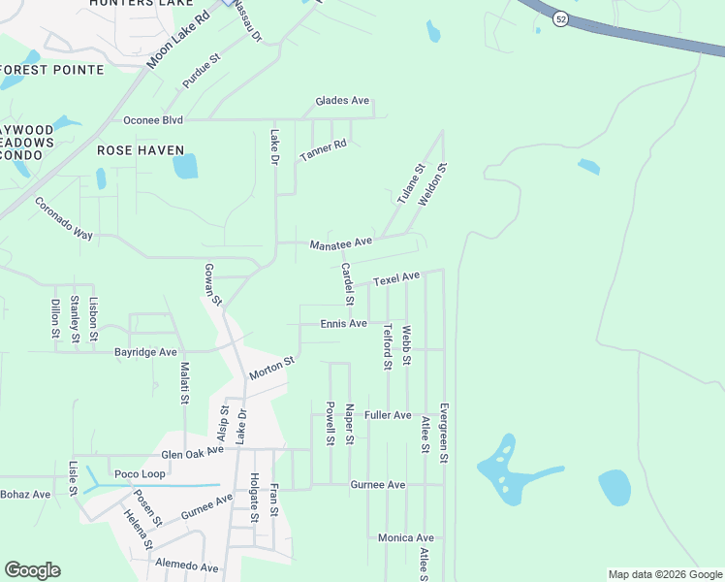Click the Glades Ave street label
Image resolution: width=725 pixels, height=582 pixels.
tap(343, 101)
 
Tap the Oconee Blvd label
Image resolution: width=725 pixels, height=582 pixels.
tap(153, 120)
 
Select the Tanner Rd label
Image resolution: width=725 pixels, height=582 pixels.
tap(323, 150)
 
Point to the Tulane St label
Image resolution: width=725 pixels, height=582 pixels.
tap(411, 183)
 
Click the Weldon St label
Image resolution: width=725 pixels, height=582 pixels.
tap(432, 184)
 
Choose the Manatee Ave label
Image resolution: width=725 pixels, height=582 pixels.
tap(341, 242)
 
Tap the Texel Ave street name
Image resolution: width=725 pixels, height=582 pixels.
tap(396, 278)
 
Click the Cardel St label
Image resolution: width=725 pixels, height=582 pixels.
tap(348, 282)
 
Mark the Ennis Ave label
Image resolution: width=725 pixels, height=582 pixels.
tap(344, 323)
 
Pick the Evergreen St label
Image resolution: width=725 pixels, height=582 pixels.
tap(443, 433)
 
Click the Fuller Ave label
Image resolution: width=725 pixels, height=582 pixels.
tap(388, 415)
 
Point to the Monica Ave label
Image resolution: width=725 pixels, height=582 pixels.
tap(406, 537)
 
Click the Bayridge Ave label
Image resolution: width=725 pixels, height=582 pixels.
tap(145, 352)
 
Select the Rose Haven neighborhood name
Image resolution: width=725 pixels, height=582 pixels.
tap(140, 150)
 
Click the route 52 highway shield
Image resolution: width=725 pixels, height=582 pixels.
tap(561, 18)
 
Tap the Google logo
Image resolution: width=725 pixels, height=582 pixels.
tap(32, 570)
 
